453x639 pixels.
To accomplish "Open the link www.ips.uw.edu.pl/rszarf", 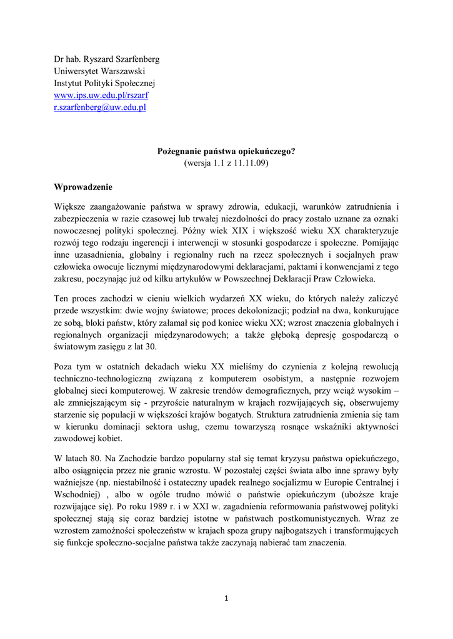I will tap(101, 95).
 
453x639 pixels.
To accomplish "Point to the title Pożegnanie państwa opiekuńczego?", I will tap(226, 151).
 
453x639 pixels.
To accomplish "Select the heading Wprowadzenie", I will tap(83, 187).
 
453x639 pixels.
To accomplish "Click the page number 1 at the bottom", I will tap(227, 599).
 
